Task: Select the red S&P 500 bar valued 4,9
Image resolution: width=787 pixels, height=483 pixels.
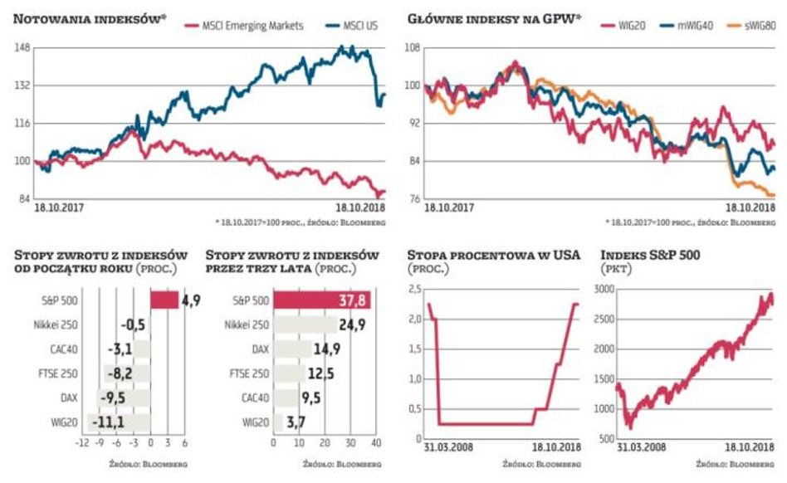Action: (164, 300)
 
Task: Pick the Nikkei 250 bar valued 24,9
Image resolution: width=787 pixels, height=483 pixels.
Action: (305, 324)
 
